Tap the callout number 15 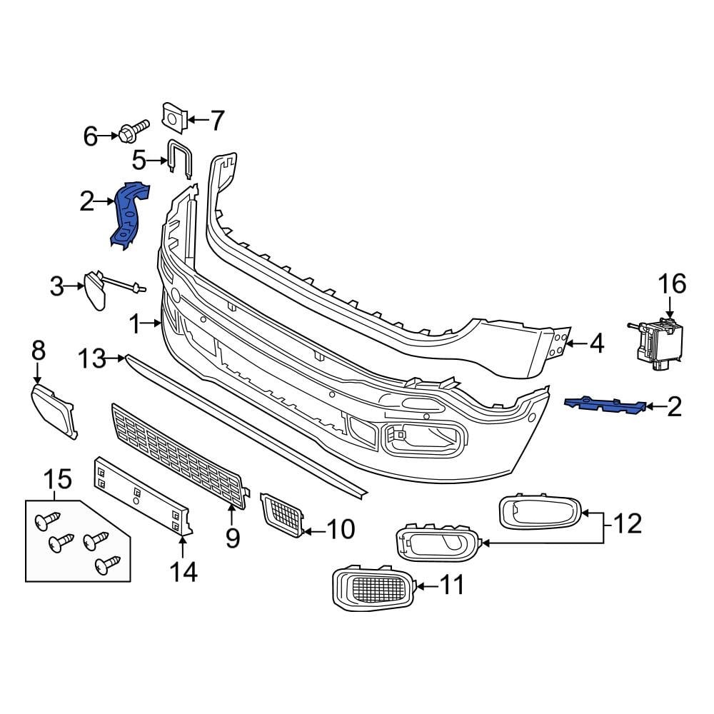(x=59, y=479)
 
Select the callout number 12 (x=627, y=525)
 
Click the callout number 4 (x=595, y=345)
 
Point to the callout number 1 (x=139, y=325)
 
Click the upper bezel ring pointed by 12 (x=539, y=512)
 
